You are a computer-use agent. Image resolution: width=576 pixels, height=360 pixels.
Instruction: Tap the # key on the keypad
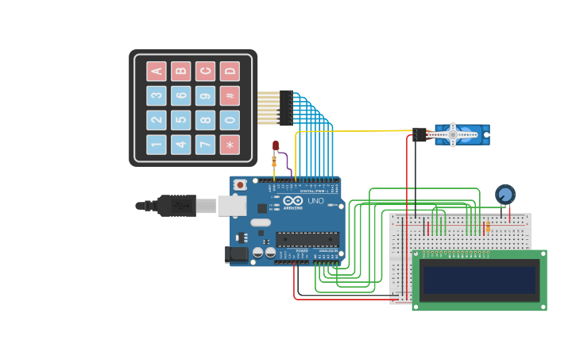click(230, 96)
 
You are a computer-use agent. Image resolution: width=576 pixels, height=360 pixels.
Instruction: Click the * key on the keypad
click(230, 145)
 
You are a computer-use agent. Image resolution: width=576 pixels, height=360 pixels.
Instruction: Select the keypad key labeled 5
click(181, 121)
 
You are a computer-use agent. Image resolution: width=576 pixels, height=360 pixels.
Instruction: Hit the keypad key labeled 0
click(230, 121)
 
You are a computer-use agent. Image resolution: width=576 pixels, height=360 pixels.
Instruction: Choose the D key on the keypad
click(230, 72)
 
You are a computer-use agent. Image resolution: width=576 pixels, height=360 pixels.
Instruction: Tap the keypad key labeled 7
click(205, 145)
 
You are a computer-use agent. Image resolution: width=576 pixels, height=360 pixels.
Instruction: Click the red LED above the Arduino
click(276, 145)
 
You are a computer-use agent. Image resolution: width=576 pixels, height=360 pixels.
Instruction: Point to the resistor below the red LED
click(274, 161)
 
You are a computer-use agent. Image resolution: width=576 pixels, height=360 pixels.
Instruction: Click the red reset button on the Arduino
click(240, 185)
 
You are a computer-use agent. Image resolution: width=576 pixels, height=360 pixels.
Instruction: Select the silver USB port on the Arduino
click(231, 206)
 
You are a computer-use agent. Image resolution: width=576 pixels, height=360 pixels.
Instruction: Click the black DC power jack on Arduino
click(237, 254)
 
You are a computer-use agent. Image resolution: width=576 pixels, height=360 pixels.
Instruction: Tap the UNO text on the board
click(315, 201)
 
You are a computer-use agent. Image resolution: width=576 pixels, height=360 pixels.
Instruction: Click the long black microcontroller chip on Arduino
click(307, 238)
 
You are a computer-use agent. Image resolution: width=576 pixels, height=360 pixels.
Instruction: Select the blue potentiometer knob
click(504, 194)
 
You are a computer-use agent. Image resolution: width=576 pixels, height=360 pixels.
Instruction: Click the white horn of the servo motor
click(453, 134)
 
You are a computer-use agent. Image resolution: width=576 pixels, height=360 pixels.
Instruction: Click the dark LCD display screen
click(479, 281)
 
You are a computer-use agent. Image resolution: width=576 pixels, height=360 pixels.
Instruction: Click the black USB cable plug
click(176, 206)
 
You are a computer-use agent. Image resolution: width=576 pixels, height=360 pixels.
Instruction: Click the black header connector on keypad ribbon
click(286, 108)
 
